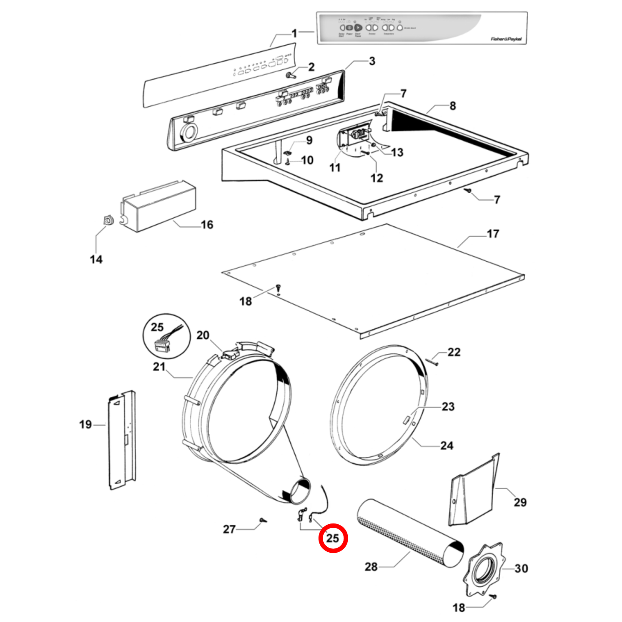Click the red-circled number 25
[x=332, y=538]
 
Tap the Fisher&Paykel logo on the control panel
[x=506, y=39]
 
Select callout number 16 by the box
[x=207, y=225]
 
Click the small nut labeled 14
[x=107, y=220]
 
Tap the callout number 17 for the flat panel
[x=493, y=234]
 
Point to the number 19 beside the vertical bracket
[x=85, y=424]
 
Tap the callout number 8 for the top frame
[x=452, y=106]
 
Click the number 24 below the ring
[x=447, y=446]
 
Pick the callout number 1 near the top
[x=294, y=33]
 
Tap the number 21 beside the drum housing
[x=159, y=367]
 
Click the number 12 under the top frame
[x=377, y=178]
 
